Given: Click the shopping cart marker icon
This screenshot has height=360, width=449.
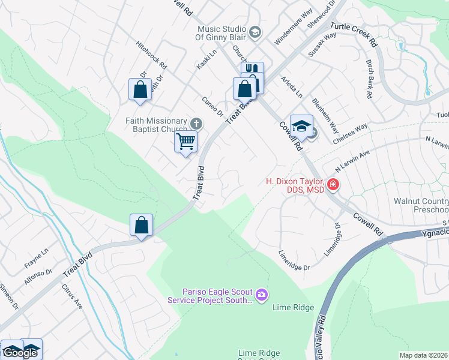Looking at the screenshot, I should click(186, 142).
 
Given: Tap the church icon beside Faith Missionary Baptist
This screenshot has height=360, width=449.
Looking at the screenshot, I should click(195, 124).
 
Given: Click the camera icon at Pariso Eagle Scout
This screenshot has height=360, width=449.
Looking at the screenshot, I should click(261, 294).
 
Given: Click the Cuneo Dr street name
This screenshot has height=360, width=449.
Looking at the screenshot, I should click(213, 106).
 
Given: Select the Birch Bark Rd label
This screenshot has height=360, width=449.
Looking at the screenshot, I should click(370, 79).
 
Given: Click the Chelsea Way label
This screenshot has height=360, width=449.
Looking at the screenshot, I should click(354, 133).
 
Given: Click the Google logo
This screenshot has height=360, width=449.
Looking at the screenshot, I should click(20, 353).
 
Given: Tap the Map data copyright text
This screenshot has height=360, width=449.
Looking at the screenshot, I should click(423, 355).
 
